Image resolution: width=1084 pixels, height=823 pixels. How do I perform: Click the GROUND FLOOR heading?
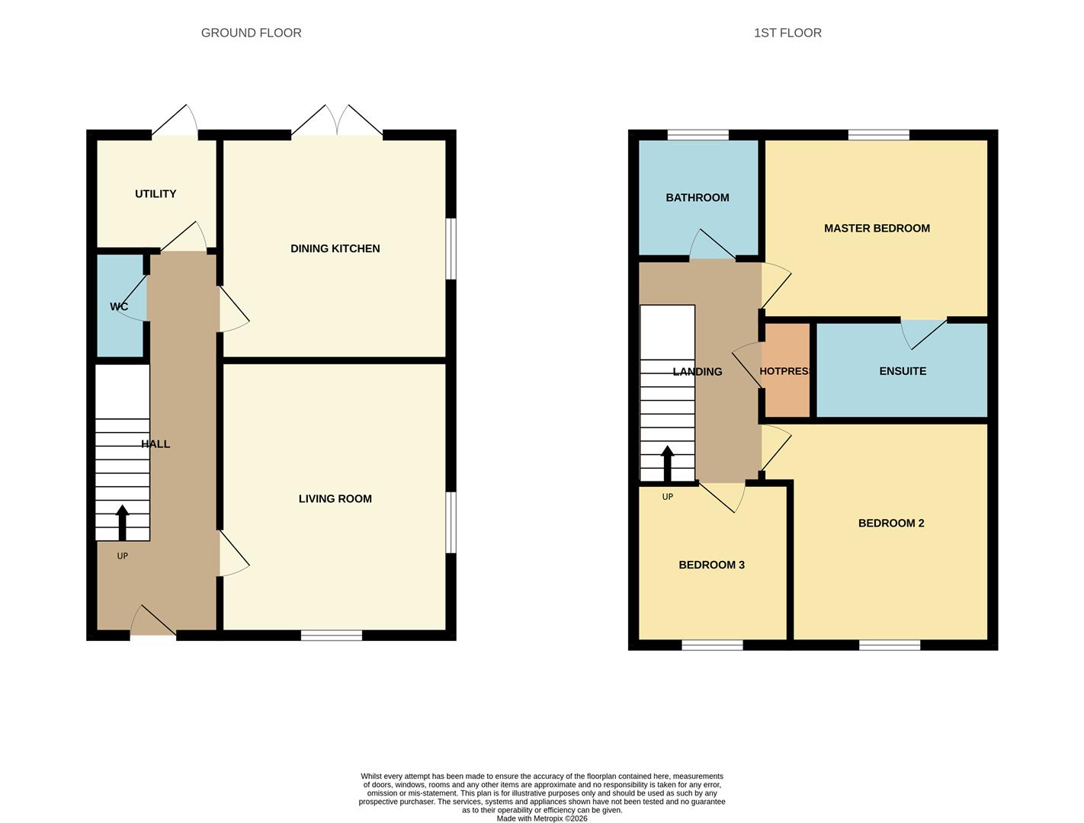[x=251, y=33]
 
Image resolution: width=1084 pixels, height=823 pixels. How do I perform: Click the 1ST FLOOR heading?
[x=787, y=33]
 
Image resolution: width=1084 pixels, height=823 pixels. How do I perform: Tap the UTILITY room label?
[x=156, y=194]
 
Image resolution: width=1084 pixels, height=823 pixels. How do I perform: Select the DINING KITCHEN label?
[x=335, y=248]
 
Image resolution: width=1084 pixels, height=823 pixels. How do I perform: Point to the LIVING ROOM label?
[x=335, y=498]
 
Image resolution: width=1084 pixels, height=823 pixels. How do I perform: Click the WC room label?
[x=119, y=306]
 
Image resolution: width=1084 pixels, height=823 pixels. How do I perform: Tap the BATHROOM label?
[x=698, y=197]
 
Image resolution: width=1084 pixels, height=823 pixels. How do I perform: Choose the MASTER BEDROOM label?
[x=877, y=228]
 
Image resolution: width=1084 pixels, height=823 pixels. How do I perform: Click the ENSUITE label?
[x=903, y=371]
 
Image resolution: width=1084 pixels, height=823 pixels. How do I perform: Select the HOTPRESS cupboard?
[x=787, y=370]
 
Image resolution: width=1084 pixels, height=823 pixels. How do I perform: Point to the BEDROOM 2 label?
[x=891, y=523]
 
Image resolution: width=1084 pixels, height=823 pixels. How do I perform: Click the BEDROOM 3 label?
[x=711, y=565]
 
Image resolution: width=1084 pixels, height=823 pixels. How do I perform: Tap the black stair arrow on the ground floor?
[x=122, y=522]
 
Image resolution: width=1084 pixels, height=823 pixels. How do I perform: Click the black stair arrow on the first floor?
[x=667, y=463]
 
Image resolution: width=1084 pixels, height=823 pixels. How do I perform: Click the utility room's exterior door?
[x=175, y=120]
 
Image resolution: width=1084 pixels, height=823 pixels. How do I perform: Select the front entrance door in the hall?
[x=153, y=620]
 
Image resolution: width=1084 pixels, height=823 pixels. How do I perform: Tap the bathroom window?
[x=698, y=135]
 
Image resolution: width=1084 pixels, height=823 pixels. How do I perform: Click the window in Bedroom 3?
[x=712, y=645]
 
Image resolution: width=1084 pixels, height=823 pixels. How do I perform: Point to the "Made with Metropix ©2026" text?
[x=542, y=818]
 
